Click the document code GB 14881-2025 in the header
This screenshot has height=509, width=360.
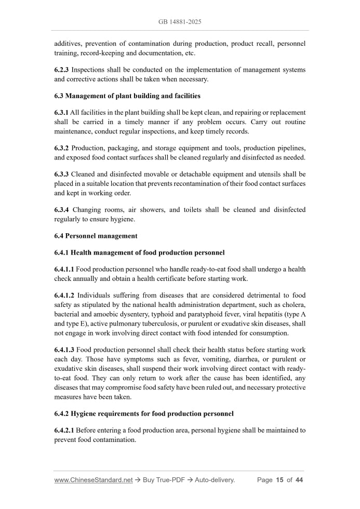pyautogui.click(x=180, y=22)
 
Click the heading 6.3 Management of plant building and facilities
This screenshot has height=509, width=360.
pyautogui.click(x=127, y=96)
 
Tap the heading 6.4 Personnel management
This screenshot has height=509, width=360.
pyautogui.click(x=96, y=236)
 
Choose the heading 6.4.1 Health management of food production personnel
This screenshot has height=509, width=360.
pyautogui.click(x=139, y=252)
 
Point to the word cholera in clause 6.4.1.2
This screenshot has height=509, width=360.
pyautogui.click(x=293, y=304)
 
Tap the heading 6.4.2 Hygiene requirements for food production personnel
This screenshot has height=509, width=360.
pyautogui.click(x=144, y=414)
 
